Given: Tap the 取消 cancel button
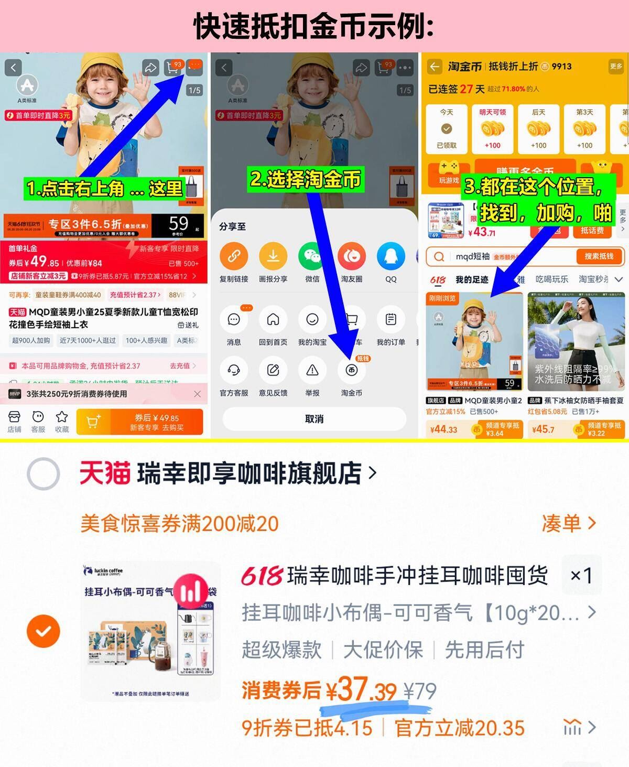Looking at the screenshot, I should point(314,419).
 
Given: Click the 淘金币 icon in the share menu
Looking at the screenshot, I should point(351,370).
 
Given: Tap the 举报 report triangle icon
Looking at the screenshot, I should point(312,370).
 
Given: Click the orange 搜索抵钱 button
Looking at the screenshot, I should point(599,256).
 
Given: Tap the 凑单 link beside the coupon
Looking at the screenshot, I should point(569,523).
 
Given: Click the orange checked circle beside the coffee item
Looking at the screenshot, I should point(43,631).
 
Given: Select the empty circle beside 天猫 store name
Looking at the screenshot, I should point(43,473).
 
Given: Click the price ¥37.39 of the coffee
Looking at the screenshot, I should point(362,689).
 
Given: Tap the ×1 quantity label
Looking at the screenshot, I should point(581,576).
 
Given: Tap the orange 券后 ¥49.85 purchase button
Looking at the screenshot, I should point(139,422).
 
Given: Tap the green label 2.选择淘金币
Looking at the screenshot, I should point(305,180).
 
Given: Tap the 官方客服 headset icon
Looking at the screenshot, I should point(234,370).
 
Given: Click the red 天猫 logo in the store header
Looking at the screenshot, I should point(105,473).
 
